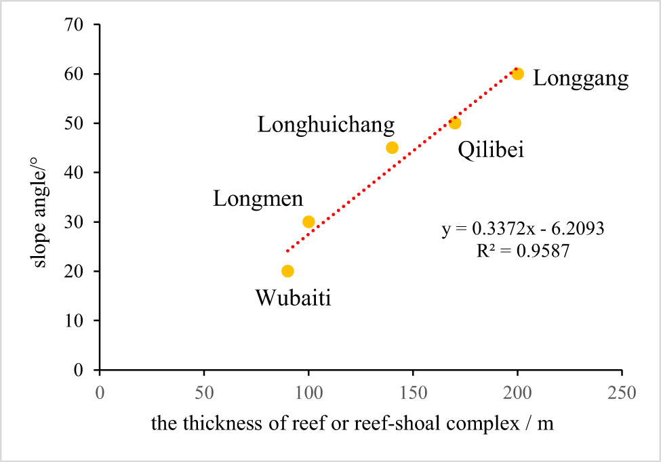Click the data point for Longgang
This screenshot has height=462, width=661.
point(517,74)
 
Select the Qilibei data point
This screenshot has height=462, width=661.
point(455,123)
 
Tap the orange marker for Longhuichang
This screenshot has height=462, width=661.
point(392,148)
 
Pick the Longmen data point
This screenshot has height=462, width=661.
point(308,222)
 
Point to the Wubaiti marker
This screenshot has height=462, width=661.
point(287,271)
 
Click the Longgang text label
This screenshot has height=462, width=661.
point(580,79)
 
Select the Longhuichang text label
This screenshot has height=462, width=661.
point(326,125)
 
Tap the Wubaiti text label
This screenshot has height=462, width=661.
point(293,298)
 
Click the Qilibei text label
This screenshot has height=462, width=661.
point(491,150)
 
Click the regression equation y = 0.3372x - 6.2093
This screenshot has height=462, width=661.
point(523,230)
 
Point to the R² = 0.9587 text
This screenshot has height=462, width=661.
point(523,251)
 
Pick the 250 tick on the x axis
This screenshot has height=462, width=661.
point(622,393)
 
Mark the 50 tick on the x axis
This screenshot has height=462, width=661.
point(204,393)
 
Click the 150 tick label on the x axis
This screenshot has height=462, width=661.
point(413,393)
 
